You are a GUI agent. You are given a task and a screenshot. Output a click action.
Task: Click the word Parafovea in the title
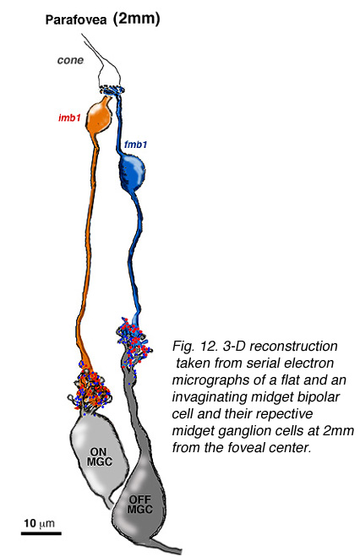pos(76,20)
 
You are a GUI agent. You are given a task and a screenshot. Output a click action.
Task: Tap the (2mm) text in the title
pos(136,19)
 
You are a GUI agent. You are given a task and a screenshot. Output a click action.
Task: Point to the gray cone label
pos(70,60)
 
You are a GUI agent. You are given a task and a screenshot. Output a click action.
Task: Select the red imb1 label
pos(69,117)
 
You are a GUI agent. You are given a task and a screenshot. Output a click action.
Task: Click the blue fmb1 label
pos(135,145)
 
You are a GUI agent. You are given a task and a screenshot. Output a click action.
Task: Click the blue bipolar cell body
pos(132,173)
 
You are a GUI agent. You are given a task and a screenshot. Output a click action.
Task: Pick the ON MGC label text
pos(99,456)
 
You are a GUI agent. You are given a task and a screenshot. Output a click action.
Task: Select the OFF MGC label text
pos(140,505)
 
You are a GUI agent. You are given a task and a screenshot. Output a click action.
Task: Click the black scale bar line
pos(41,533)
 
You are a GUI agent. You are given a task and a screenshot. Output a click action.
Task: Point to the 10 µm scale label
pos(39,523)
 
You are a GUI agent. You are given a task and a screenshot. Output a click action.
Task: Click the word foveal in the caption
pos(257,447)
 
